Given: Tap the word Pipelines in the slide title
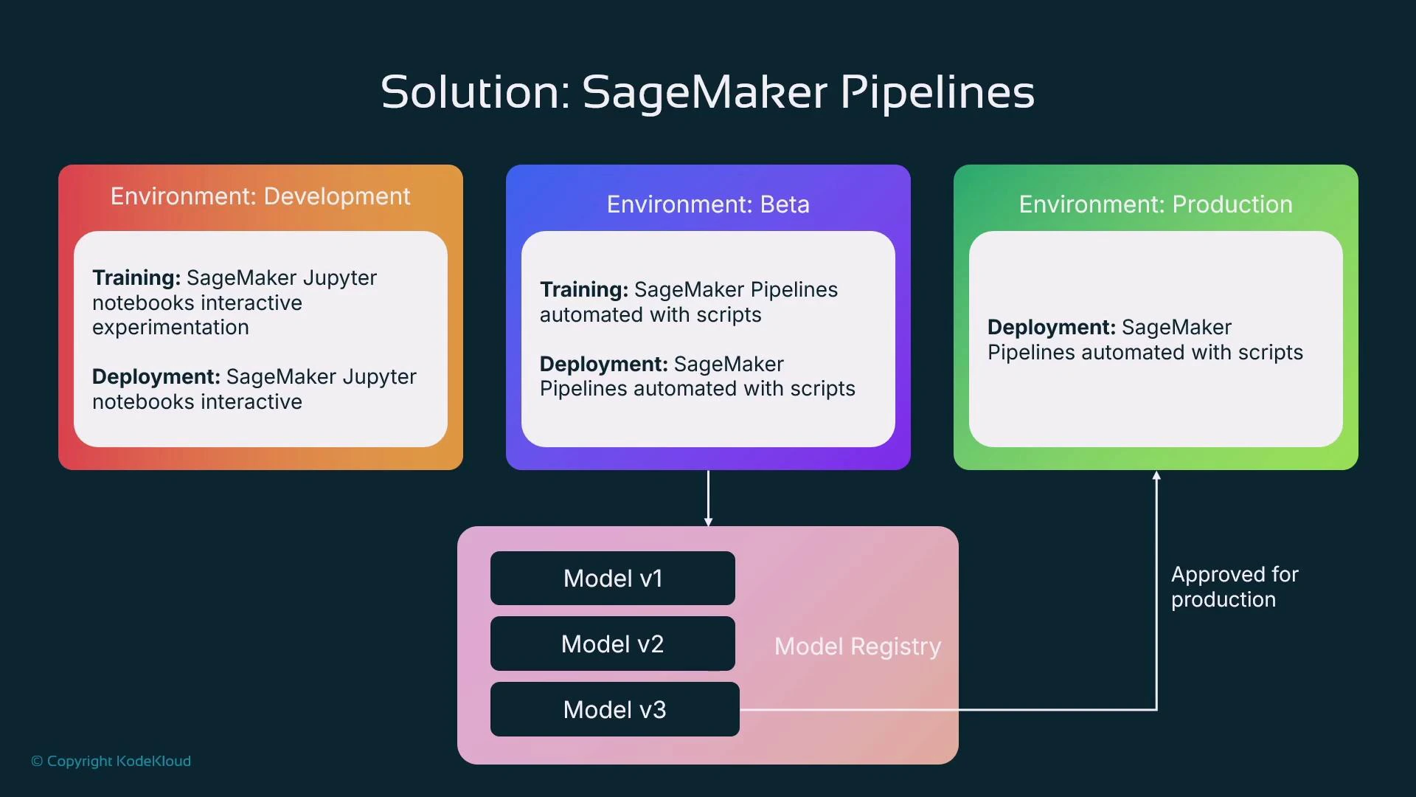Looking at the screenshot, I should pyautogui.click(x=937, y=92).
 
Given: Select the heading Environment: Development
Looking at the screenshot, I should pyautogui.click(x=260, y=196).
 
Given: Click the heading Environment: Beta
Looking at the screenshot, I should pyautogui.click(x=708, y=204).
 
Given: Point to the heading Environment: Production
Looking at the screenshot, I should pyautogui.click(x=1155, y=204).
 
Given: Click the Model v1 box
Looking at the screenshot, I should pyautogui.click(x=612, y=579).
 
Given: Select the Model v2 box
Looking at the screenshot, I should pyautogui.click(x=612, y=644).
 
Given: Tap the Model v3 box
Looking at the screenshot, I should pyautogui.click(x=614, y=709).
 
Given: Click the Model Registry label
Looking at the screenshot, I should pyautogui.click(x=857, y=646).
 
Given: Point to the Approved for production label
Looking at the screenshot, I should pyautogui.click(x=1234, y=587).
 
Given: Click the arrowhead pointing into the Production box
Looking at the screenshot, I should pyautogui.click(x=1156, y=477).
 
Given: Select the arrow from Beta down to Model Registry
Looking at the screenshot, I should pyautogui.click(x=708, y=498).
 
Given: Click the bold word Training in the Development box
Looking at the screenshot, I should pyautogui.click(x=136, y=277).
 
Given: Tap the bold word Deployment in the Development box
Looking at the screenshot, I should pyautogui.click(x=156, y=376).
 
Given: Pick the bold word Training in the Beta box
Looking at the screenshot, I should pyautogui.click(x=583, y=289).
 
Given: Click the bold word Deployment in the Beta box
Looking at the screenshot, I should pyautogui.click(x=603, y=364).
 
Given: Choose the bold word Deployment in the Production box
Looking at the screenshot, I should pyautogui.click(x=1051, y=327).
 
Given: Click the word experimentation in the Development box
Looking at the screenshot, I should pyautogui.click(x=170, y=327).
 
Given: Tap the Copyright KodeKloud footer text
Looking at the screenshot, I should pyautogui.click(x=111, y=761).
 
